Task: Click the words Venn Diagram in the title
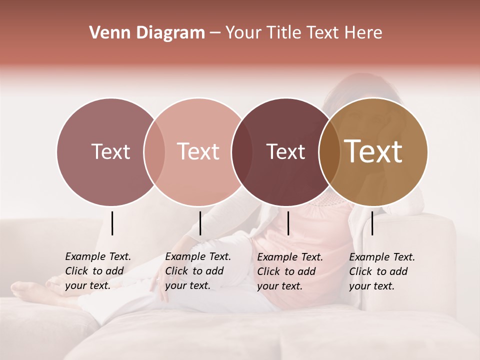coord(147,33)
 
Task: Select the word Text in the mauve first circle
coord(110,151)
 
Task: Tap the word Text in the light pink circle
coord(198,151)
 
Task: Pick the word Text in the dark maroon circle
coord(285,151)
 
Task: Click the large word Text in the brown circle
coord(373,151)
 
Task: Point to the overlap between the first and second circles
coord(154,151)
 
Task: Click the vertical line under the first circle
coord(112,223)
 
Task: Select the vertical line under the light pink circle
coord(200,223)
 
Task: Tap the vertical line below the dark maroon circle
coord(288,223)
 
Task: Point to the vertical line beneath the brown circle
coord(372,223)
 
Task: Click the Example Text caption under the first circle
coord(97,271)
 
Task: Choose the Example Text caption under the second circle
coord(197,271)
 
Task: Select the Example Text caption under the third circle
coord(289,271)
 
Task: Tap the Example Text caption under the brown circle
coord(381,271)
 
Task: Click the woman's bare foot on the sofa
coord(25,289)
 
